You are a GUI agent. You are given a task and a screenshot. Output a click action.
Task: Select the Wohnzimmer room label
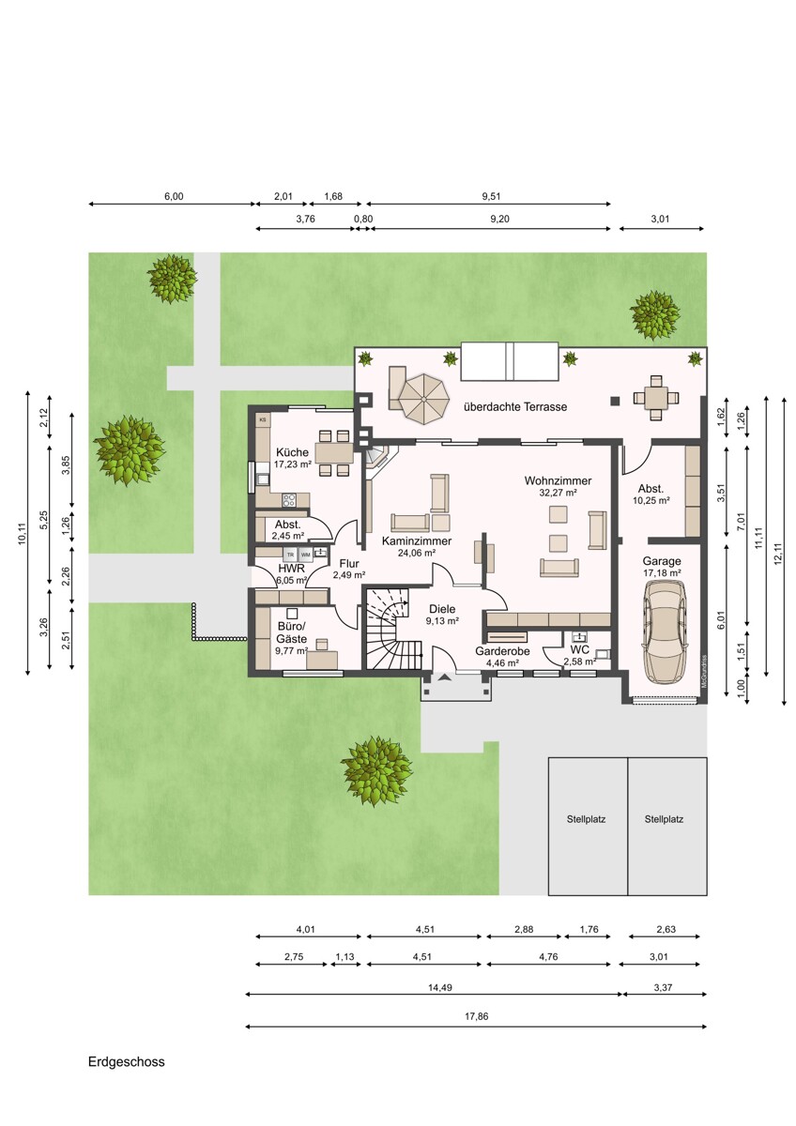pyautogui.click(x=558, y=480)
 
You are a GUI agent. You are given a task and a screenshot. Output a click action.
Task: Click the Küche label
pyautogui.click(x=292, y=452)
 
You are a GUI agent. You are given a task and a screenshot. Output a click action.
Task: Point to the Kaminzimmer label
pyautogui.click(x=417, y=540)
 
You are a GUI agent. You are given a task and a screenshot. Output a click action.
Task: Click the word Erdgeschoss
pyautogui.click(x=126, y=1062)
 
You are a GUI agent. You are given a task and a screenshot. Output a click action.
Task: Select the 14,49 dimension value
pyautogui.click(x=440, y=988)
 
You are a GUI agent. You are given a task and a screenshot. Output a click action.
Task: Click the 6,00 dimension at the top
pyautogui.click(x=174, y=196)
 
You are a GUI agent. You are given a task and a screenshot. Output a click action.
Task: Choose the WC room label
pyautogui.click(x=580, y=649)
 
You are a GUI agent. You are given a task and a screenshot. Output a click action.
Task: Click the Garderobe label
pyautogui.click(x=502, y=651)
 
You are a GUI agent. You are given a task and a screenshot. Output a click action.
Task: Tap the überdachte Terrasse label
pyautogui.click(x=515, y=406)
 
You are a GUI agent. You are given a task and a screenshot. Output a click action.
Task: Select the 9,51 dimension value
pyautogui.click(x=491, y=196)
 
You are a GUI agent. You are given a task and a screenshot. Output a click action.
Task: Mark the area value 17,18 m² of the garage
pyautogui.click(x=662, y=573)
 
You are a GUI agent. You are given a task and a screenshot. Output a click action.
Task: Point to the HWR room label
pyautogui.click(x=292, y=569)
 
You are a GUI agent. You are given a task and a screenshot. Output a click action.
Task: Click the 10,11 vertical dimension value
pyautogui.click(x=23, y=533)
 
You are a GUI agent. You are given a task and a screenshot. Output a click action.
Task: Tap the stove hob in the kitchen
pyautogui.click(x=288, y=499)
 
